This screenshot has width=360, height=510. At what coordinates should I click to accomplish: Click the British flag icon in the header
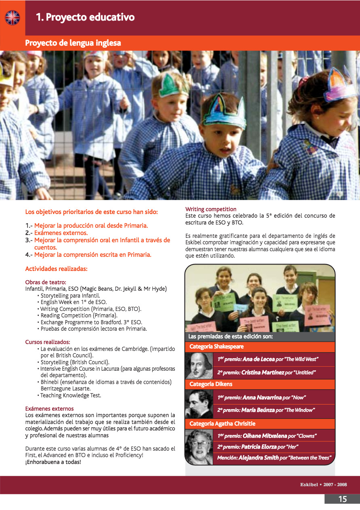pyautogui.click(x=12, y=17)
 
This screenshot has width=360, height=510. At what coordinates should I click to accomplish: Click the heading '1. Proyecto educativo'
pyautogui.click(x=85, y=17)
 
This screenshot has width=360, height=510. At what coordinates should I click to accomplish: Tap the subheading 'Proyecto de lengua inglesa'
pyautogui.click(x=73, y=43)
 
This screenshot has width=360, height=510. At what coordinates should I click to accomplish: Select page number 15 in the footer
pyautogui.click(x=342, y=499)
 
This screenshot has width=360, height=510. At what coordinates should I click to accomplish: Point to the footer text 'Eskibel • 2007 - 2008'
pyautogui.click(x=323, y=485)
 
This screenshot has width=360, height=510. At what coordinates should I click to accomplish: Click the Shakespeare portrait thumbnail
pyautogui.click(x=199, y=365)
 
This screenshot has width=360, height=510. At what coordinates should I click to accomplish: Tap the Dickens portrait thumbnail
pyautogui.click(x=199, y=403)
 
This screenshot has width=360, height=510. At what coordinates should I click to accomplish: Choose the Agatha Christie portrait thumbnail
pyautogui.click(x=199, y=447)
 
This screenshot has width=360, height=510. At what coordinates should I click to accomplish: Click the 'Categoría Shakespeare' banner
pyautogui.click(x=217, y=346)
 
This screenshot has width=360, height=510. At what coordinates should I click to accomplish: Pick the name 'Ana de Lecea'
pyautogui.click(x=258, y=359)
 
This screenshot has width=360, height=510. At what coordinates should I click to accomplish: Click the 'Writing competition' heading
pyautogui.click(x=211, y=209)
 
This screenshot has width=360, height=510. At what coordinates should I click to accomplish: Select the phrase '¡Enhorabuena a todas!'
pyautogui.click(x=53, y=462)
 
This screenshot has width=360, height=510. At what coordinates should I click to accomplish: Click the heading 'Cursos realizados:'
pyautogui.click(x=48, y=342)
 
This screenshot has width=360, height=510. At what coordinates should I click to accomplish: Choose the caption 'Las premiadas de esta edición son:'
pyautogui.click(x=230, y=336)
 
